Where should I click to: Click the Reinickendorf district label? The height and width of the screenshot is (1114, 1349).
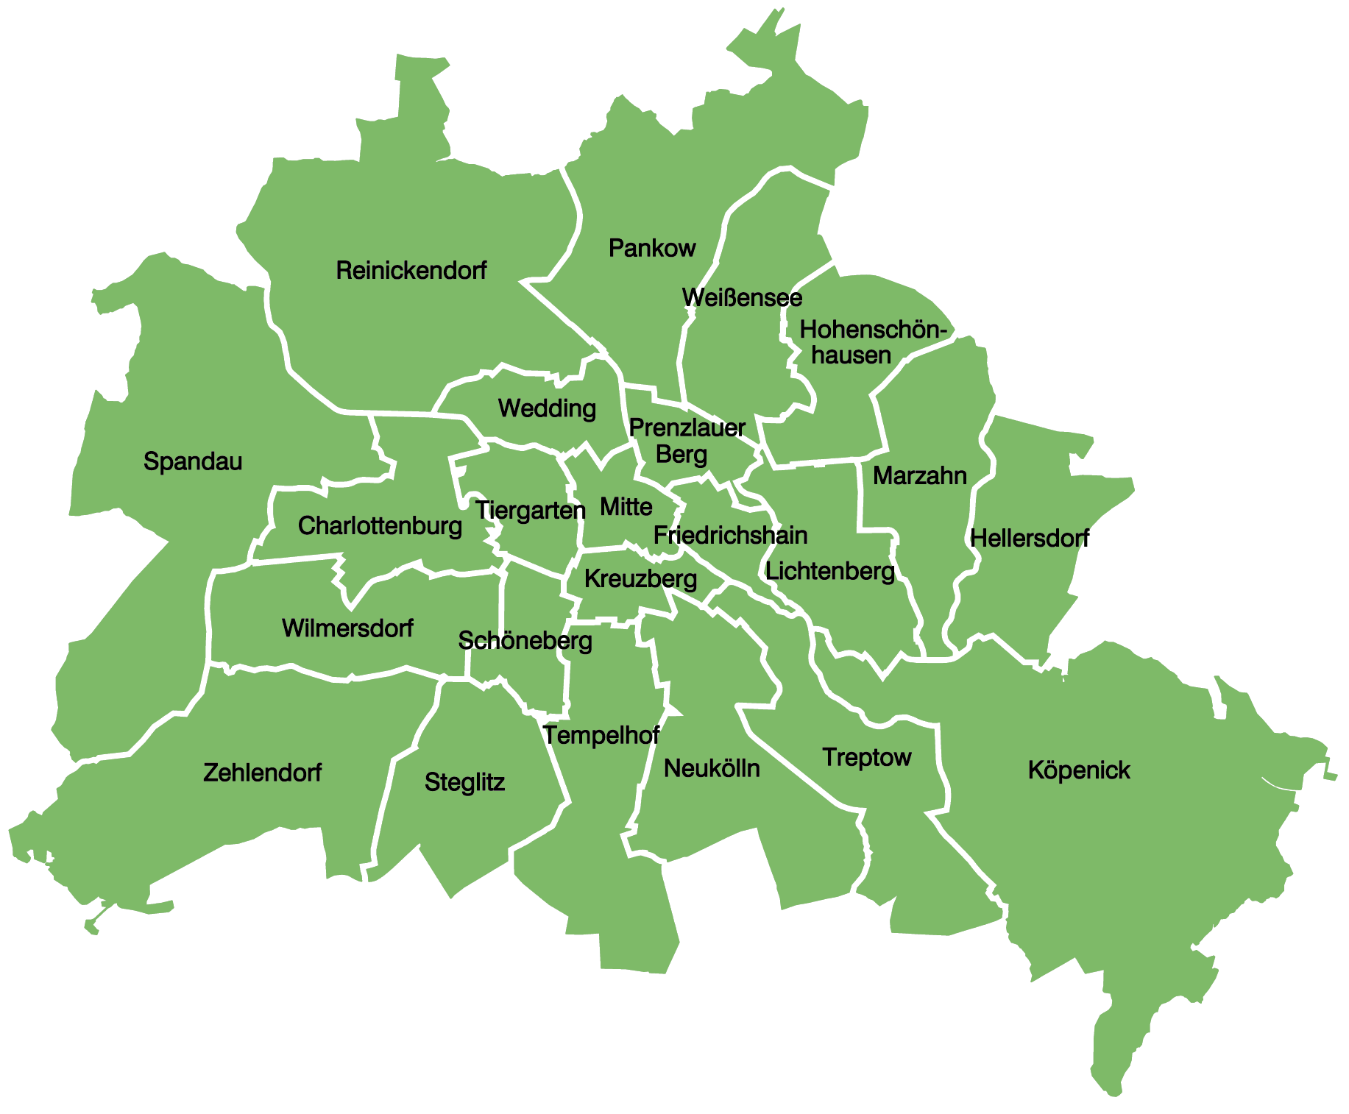[x=411, y=271]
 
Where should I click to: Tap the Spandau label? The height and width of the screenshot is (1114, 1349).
[x=193, y=461]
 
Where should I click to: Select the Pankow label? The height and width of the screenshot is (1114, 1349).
[x=651, y=249]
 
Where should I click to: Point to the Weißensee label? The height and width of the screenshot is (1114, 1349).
[x=742, y=298]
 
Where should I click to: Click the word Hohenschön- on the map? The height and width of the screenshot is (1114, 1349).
[x=872, y=330]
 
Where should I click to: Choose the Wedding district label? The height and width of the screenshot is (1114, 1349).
[x=547, y=408]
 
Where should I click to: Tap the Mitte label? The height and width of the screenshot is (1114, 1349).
[x=626, y=507]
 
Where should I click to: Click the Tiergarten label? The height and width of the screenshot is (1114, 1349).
[x=531, y=510]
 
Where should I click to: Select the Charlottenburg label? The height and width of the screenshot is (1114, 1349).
[x=380, y=526]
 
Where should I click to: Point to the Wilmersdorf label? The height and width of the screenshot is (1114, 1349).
[x=347, y=628]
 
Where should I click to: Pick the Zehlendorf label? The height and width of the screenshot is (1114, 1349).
[x=262, y=773]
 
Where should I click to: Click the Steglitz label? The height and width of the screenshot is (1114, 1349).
[x=464, y=782]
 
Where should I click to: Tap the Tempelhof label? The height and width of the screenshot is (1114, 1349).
[x=601, y=735]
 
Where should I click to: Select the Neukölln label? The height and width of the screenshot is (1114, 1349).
[x=712, y=769]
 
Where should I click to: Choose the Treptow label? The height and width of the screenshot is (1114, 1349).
[x=867, y=757]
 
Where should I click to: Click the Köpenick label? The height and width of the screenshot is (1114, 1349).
[x=1079, y=770]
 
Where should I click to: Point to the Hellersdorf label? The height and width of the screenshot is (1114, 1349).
[x=1030, y=539]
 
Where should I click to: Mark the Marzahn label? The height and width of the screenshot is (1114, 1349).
[x=919, y=476]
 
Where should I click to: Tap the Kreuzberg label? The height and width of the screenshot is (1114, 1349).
[x=640, y=579]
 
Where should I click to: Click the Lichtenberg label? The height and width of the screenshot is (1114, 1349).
[x=830, y=571]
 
